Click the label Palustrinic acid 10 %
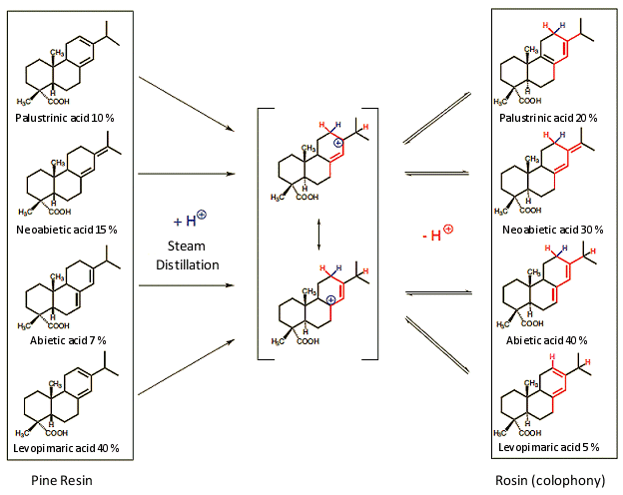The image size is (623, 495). click(x=65, y=118)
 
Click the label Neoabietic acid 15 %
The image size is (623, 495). click(x=66, y=229)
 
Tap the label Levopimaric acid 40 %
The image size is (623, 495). click(x=67, y=447)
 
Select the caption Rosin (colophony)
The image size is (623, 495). click(x=550, y=480)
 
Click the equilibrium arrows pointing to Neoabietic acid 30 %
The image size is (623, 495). click(x=437, y=173)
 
